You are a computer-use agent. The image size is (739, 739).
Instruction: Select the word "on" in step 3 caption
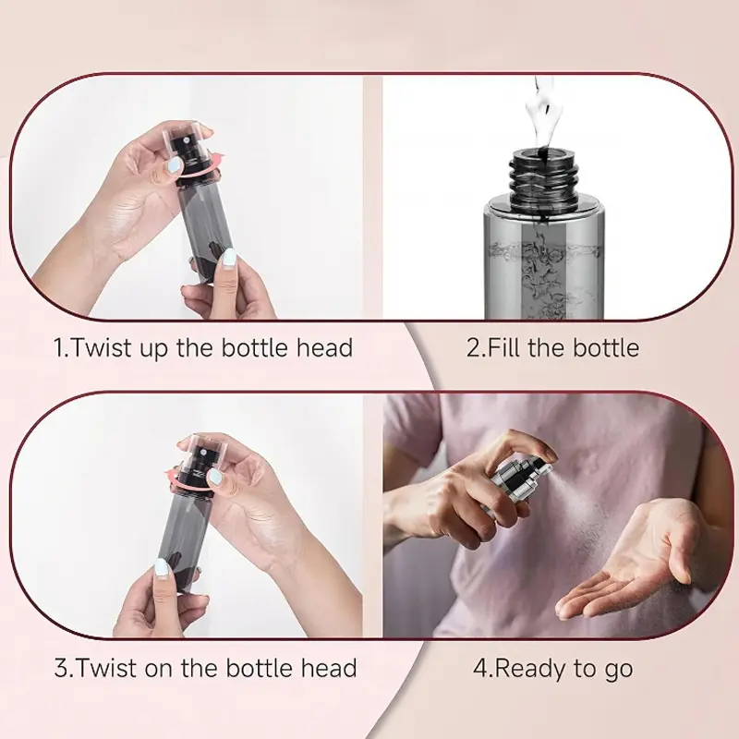160,668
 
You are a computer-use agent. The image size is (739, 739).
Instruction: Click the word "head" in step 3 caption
329,668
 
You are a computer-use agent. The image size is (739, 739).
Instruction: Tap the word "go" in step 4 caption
618,672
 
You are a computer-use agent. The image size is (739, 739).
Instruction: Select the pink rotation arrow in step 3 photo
188,475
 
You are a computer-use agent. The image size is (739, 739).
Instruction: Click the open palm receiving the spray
627,561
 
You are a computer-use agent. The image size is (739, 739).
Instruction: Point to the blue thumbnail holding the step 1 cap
175,165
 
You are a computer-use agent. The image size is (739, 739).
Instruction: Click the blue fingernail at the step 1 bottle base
229,258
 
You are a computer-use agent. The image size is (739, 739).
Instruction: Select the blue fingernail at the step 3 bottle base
162,568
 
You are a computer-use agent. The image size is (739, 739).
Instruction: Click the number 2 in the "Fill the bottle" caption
473,348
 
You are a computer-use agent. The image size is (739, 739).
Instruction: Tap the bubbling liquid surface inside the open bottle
544,248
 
